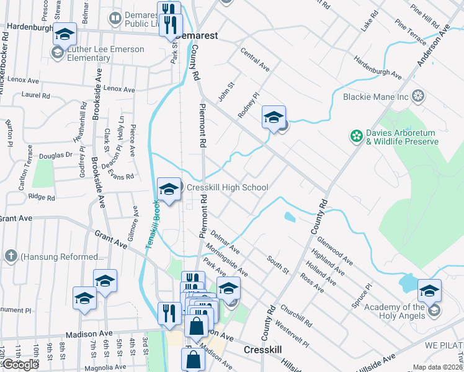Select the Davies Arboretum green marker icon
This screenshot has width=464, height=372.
click(x=357, y=135)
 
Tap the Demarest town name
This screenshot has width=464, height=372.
click(x=197, y=35)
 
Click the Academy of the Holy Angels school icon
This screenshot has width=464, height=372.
click(x=429, y=291)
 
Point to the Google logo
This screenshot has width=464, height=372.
click(x=20, y=365)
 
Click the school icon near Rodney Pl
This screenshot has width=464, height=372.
click(x=273, y=117)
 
